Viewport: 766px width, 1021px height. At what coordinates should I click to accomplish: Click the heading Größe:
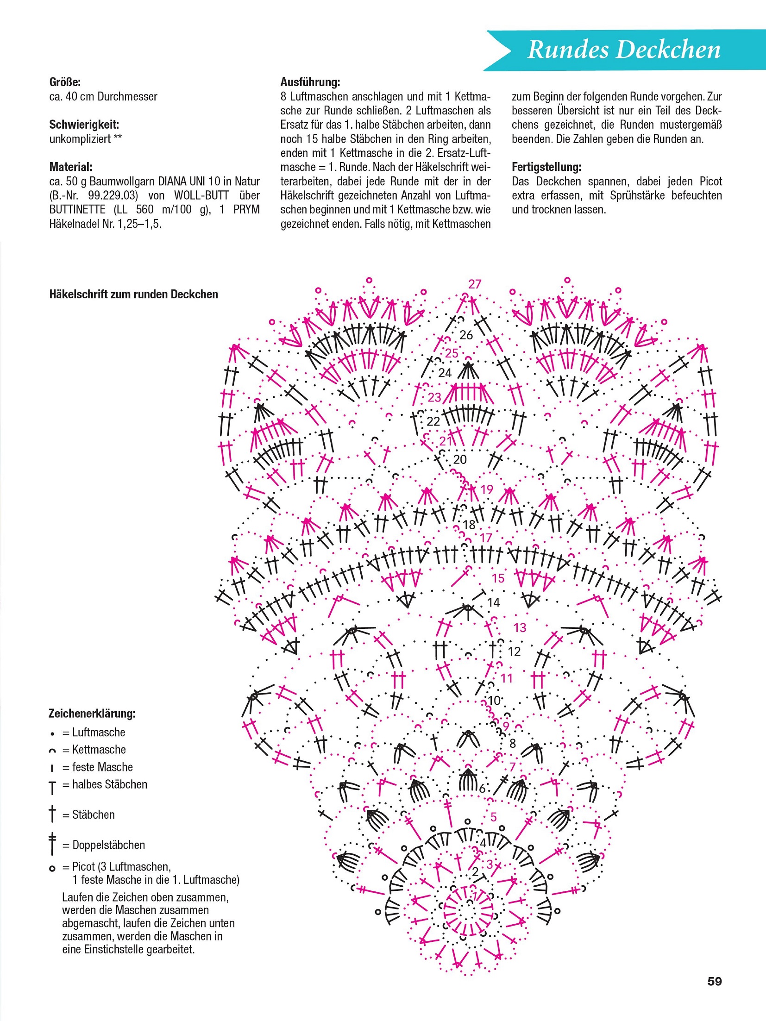tap(65, 82)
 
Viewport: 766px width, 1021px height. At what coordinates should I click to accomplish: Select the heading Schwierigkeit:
tap(84, 125)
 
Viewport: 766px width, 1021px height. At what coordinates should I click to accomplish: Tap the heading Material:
tap(71, 167)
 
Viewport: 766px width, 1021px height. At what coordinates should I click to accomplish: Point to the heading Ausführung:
tap(310, 82)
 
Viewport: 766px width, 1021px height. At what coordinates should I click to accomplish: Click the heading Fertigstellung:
tap(546, 167)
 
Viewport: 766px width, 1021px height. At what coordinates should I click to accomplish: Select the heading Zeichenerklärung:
tap(92, 714)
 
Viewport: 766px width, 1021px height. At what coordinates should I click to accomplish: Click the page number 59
tap(714, 981)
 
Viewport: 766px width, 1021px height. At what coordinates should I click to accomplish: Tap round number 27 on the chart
tap(475, 284)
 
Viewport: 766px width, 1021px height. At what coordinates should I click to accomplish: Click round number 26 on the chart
tap(466, 335)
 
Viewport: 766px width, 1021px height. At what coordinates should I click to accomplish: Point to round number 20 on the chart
tap(459, 459)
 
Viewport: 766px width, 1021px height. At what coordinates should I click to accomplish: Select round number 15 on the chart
tap(498, 578)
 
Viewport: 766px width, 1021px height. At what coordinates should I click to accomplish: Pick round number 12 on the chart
tap(514, 651)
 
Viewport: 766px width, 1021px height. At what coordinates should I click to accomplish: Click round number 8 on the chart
tap(512, 744)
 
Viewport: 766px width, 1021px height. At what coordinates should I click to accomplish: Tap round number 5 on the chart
tap(494, 817)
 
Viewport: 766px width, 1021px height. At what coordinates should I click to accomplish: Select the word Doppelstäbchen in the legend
tap(108, 845)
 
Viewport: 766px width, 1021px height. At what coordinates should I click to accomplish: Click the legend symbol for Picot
tap(52, 869)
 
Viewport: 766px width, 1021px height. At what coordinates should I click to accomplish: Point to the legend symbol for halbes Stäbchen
tap(52, 787)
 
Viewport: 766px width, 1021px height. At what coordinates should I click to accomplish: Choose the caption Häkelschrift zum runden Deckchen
tap(133, 294)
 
